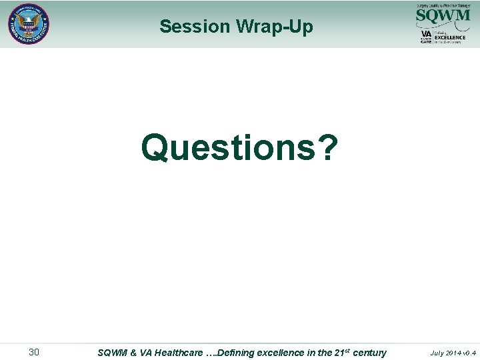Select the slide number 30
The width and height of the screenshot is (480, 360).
[33, 352]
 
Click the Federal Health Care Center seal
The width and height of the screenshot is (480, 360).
[29, 24]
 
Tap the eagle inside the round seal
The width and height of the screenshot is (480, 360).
[29, 23]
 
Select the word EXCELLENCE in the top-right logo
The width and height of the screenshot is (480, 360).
[450, 37]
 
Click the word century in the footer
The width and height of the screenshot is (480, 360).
[369, 352]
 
